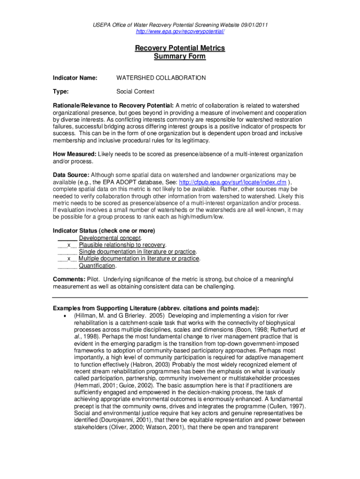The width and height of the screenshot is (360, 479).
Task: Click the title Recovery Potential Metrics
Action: (180, 48)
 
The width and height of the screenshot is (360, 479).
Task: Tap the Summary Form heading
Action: (180, 56)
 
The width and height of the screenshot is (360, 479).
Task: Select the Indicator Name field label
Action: (75, 78)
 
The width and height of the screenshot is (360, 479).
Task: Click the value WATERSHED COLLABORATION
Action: (161, 78)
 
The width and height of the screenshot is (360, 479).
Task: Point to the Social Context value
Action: (135, 92)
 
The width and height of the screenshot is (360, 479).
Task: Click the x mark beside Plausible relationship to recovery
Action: (69, 245)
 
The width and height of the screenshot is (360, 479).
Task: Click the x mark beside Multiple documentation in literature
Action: (69, 259)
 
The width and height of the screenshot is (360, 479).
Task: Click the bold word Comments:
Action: (69, 279)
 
